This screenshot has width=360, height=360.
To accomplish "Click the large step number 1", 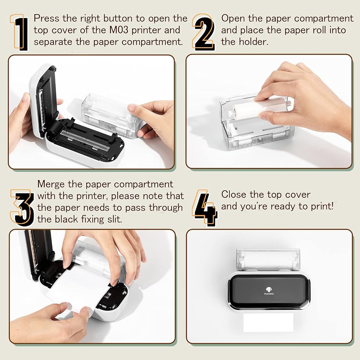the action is (19, 32).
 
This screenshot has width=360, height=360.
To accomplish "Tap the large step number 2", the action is (204, 32).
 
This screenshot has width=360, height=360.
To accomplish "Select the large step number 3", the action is (22, 208).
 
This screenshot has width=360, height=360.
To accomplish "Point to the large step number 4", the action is (205, 208).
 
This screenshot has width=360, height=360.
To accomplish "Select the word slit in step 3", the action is (114, 219).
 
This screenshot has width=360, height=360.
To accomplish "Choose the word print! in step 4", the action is (322, 206).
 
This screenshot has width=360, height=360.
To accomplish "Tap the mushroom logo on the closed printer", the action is (269, 289).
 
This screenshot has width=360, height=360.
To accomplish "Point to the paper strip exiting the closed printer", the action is (269, 322).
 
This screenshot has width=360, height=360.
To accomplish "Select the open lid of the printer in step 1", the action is (44, 101).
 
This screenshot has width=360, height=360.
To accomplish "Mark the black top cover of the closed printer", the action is (269, 292).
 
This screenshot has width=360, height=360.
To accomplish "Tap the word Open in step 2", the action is (233, 19).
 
